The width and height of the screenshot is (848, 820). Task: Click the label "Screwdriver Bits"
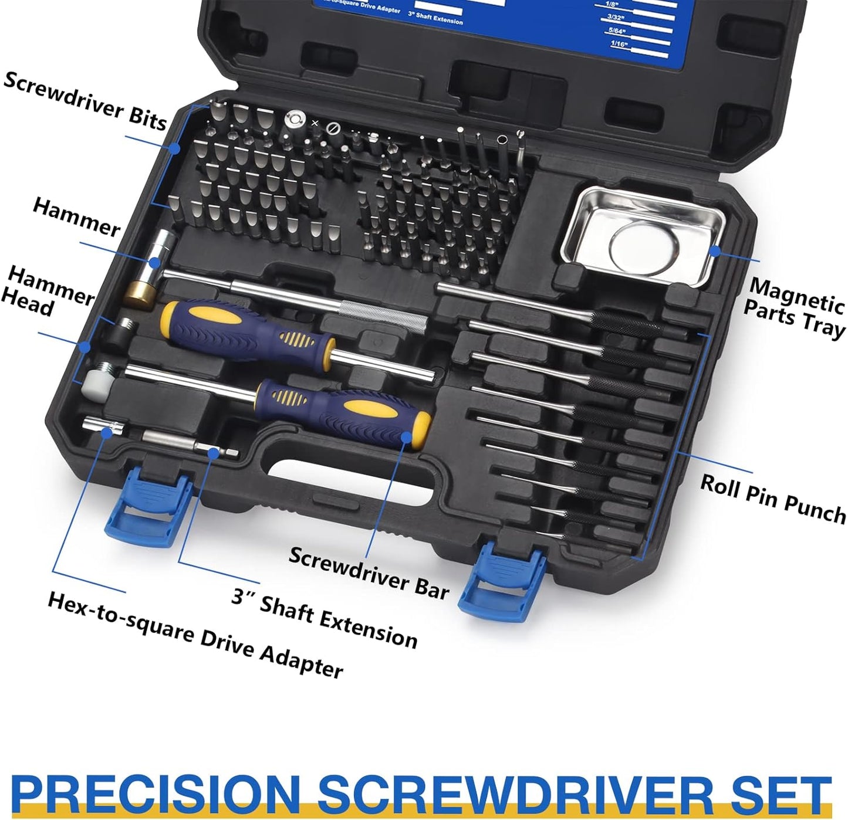tap(85, 100)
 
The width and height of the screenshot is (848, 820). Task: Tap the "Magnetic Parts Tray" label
tap(795, 307)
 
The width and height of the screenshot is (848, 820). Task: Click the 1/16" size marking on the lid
tap(619, 44)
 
